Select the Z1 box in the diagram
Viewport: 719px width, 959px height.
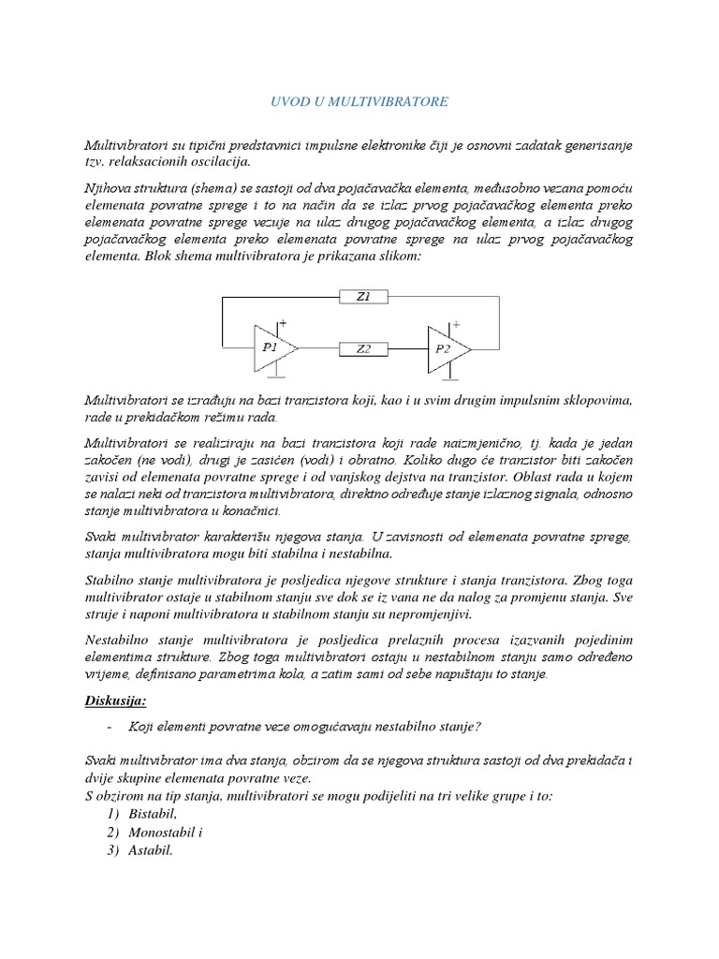(x=363, y=297)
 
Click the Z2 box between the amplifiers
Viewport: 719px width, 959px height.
(x=363, y=348)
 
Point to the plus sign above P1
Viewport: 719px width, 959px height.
(x=284, y=322)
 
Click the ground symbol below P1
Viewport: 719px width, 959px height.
(x=276, y=376)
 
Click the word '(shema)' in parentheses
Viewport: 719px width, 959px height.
(x=212, y=188)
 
